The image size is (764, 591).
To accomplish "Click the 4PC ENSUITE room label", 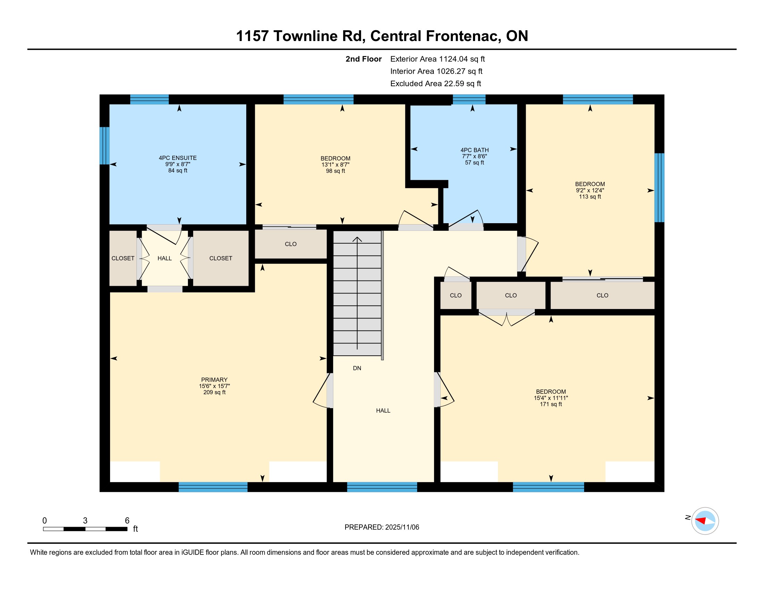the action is coord(178,158).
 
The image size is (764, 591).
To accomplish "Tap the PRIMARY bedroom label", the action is coord(214,380).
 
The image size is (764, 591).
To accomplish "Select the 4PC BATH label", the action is coord(474,150).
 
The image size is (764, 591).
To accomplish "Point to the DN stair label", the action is coord(357,368).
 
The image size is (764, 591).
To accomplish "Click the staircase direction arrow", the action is coord(357,293).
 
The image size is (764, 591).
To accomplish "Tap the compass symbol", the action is coord(705,521).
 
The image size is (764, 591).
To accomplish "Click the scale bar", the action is coord(85,529).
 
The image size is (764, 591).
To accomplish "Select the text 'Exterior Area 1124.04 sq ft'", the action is coord(437,59).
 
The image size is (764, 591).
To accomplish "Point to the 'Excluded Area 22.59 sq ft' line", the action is coord(435,84).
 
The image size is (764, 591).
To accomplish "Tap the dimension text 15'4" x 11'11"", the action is coord(551,398).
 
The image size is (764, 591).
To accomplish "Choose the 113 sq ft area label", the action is coord(590,197).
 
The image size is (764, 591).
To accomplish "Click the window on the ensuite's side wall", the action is coord(105,146).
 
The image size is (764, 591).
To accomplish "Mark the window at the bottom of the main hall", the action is coord(382,487).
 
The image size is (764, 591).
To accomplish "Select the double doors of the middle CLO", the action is coord(507,317).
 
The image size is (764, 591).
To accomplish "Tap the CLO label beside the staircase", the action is coord(291,244).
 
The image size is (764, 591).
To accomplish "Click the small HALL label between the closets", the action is coord(164,258).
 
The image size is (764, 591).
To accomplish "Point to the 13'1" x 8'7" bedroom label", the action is coord(335,164).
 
